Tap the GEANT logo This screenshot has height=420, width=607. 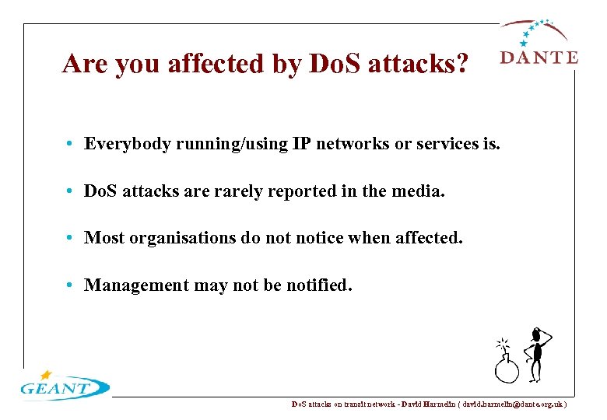65,385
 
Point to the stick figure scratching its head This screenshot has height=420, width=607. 535,354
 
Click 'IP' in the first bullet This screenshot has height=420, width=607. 302,144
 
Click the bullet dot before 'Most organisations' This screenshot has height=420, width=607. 70,238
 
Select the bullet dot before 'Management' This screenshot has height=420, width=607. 70,285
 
